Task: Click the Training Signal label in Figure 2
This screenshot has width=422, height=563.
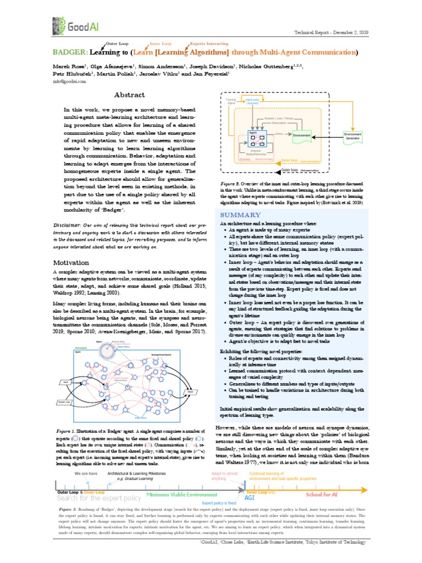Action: click(x=231, y=101)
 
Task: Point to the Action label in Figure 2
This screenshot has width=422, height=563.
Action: click(x=279, y=133)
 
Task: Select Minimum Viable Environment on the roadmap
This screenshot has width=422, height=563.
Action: click(x=179, y=494)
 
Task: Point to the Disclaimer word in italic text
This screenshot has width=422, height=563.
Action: click(x=68, y=225)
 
